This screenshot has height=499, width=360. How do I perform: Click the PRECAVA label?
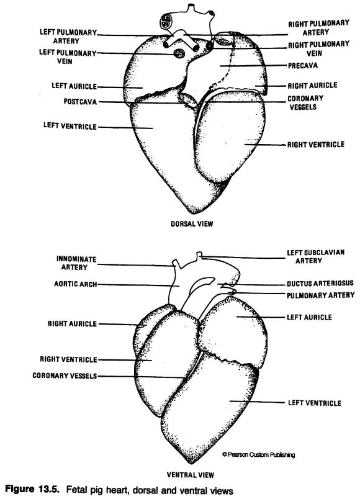click(303, 66)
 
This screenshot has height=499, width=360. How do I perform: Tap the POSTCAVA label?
click(80, 102)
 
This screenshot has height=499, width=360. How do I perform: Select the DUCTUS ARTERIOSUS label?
click(320, 283)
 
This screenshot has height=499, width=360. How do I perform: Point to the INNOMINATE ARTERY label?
click(76, 263)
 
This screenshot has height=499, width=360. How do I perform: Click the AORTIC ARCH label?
click(76, 284)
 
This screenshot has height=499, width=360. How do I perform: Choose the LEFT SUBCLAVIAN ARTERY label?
click(315, 256)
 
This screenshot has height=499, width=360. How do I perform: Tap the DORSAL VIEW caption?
click(192, 223)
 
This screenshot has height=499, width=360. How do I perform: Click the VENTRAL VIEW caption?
click(191, 475)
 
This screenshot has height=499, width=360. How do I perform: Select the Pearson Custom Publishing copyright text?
click(258, 454)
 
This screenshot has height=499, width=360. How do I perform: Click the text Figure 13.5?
click(33, 490)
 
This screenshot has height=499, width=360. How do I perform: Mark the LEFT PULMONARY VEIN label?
click(68, 56)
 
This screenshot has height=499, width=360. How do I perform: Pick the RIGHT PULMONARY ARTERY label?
click(318, 28)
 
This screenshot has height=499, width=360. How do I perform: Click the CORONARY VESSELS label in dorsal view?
click(305, 102)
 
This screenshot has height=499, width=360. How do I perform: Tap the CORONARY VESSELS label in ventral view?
click(65, 375)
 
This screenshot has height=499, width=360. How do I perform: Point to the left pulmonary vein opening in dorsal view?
click(179, 53)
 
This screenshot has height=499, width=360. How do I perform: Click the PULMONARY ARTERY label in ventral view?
click(320, 295)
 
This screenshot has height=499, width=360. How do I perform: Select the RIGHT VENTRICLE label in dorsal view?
click(316, 145)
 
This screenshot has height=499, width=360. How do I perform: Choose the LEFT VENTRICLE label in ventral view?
click(315, 403)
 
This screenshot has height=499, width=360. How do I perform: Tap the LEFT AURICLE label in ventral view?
click(309, 317)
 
